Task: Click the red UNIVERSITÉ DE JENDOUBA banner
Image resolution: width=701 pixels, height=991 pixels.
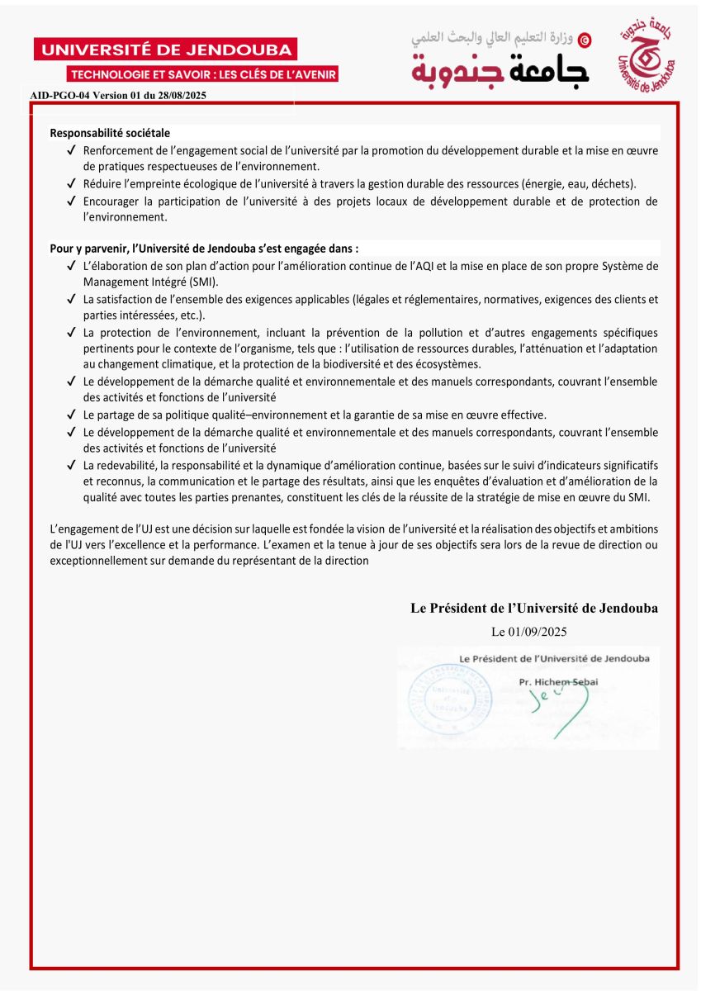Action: (x=165, y=50)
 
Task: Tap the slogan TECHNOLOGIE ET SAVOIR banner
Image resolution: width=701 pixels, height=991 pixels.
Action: (x=203, y=74)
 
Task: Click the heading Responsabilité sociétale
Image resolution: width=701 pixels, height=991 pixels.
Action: (x=110, y=133)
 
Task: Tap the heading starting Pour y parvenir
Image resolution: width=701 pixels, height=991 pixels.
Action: (x=204, y=248)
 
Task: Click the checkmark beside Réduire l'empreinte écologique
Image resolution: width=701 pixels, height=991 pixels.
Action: (x=72, y=183)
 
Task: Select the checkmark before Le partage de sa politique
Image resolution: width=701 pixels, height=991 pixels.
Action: (x=72, y=415)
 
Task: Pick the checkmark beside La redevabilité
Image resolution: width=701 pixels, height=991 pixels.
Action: (x=72, y=466)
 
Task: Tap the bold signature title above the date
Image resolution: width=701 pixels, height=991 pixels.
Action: (x=534, y=609)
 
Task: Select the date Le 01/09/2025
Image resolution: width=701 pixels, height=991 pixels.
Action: (x=529, y=632)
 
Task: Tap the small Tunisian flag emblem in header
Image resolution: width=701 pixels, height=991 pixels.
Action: (x=585, y=39)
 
